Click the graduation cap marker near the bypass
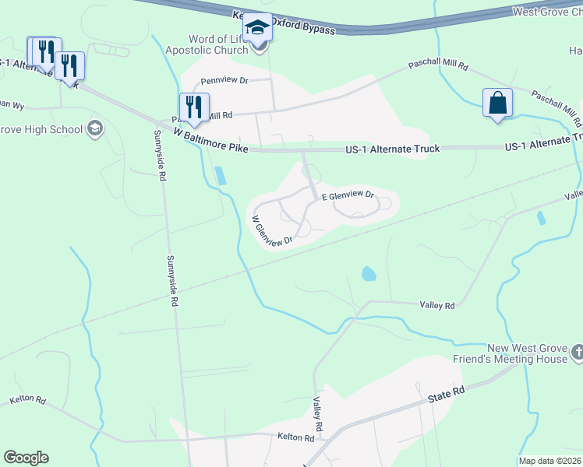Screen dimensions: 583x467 click(x=257, y=29)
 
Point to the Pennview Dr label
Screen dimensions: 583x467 click(x=224, y=80)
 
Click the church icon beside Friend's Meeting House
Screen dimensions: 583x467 click(x=577, y=353)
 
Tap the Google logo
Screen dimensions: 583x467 click(x=26, y=458)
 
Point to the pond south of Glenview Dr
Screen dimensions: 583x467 click(x=369, y=273)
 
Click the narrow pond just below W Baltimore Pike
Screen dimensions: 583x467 click(x=221, y=175)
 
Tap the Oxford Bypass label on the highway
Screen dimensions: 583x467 click(x=300, y=30)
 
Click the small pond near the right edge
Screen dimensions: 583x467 click(x=541, y=218)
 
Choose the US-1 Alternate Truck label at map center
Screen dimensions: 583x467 click(x=393, y=149)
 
